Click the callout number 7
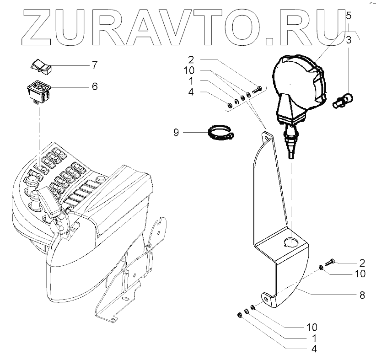[95, 64]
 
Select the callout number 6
[95, 86]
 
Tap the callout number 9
[177, 133]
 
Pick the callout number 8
[362, 296]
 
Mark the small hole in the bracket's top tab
[265, 136]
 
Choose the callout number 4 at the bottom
[313, 349]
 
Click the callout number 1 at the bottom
[313, 339]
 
